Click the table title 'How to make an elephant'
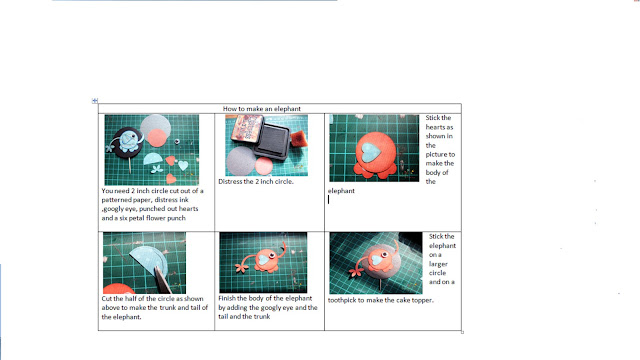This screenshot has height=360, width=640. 262,109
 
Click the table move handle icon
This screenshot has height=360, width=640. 95,100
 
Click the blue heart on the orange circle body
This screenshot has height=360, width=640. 371,151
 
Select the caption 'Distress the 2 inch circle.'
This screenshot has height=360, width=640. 256,181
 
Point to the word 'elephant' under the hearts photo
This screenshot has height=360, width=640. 341,191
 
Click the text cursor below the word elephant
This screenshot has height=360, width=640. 329,200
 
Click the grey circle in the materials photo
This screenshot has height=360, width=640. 156,126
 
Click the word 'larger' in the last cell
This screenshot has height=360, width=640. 438,264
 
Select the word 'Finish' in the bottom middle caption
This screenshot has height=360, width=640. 227,298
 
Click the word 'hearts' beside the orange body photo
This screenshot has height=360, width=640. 439,127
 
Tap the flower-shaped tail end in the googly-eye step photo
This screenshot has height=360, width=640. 242,268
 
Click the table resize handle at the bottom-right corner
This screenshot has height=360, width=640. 462,332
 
